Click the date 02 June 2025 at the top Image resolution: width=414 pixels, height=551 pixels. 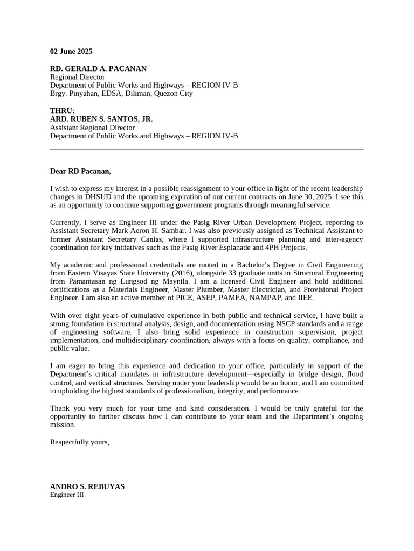(71, 52)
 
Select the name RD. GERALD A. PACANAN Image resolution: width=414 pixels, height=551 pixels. (98, 69)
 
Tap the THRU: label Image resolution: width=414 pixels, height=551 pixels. (63, 111)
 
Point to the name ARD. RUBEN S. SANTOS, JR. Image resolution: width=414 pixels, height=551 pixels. (101, 119)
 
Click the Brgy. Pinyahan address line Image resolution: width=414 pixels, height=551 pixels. (121, 93)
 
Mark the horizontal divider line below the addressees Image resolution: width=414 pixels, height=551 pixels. (206, 150)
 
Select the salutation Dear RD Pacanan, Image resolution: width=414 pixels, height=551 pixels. (80, 171)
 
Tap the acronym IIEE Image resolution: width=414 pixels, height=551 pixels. (304, 298)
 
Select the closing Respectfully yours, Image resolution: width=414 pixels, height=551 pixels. (80, 442)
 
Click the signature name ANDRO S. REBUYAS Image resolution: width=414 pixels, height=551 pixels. (87, 486)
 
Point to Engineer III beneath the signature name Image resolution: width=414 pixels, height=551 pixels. (67, 495)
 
